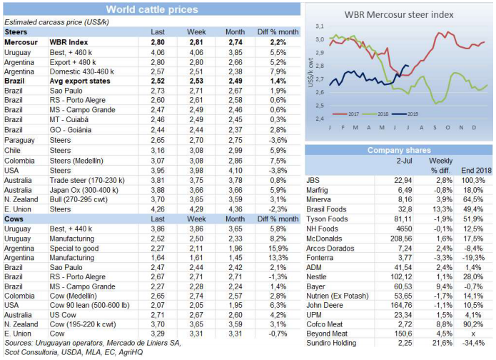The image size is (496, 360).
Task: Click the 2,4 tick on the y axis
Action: (x=320, y=118)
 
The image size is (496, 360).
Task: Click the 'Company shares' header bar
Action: (x=399, y=150)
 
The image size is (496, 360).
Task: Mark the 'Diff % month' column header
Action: (x=272, y=33)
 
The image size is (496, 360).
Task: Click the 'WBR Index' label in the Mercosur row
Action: (x=68, y=43)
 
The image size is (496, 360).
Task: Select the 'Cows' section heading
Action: (x=16, y=219)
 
